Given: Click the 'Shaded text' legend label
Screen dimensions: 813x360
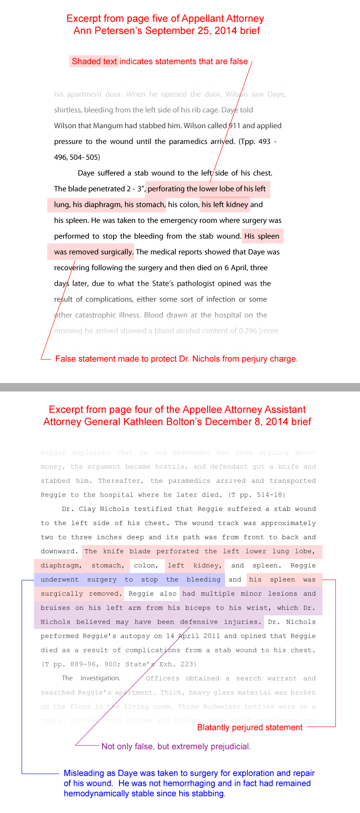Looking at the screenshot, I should click(94, 61).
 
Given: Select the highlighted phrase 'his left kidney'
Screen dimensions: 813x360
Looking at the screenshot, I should click(225, 205).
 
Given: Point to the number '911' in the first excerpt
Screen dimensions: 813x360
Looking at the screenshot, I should click(234, 126).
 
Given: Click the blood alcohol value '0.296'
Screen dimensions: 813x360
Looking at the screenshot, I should click(248, 331).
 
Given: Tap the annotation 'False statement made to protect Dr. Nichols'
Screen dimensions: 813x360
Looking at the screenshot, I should click(177, 359).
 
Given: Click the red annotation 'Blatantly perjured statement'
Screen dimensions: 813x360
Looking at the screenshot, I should click(250, 727).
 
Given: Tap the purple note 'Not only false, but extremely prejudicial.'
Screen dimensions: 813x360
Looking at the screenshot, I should click(176, 746).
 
